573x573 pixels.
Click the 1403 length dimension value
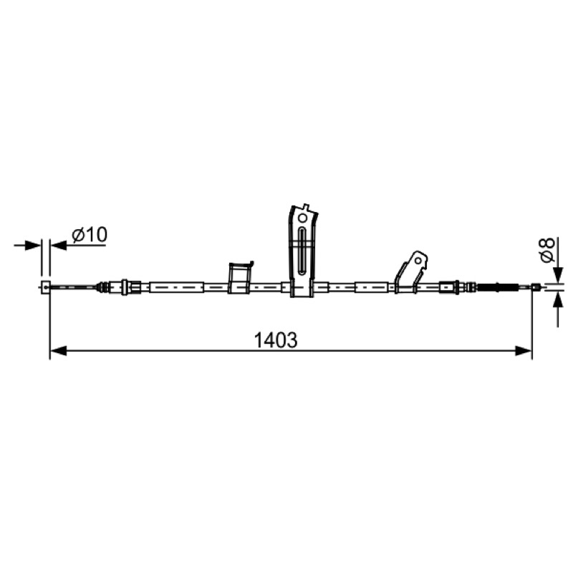(276, 340)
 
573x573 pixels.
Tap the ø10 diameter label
(90, 235)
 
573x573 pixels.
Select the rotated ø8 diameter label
(547, 250)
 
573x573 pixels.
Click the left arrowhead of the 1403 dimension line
(58, 351)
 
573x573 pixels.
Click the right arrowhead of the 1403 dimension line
(524, 351)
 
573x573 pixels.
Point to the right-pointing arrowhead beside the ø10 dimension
(32, 245)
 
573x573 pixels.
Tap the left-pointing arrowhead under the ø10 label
(59, 245)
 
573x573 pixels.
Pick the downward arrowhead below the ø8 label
(558, 275)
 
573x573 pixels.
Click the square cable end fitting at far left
(45, 288)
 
